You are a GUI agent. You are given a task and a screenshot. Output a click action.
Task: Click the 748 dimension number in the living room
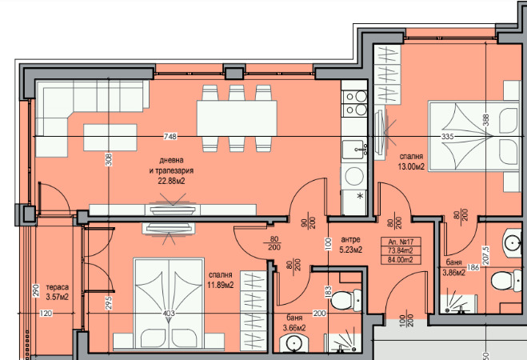tap(170, 137)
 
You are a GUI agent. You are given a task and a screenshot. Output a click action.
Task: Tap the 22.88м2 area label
tap(171, 181)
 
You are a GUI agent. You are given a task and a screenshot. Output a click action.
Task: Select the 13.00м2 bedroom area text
tap(411, 166)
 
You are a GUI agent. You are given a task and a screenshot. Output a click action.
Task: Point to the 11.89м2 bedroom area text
tap(221, 286)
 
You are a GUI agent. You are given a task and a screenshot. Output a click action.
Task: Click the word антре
tap(350, 240)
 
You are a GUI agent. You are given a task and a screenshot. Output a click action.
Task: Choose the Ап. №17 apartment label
tap(401, 242)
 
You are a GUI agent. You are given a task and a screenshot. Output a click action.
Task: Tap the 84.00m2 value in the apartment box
tap(401, 260)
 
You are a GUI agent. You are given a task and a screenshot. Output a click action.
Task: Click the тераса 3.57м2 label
tap(57, 292)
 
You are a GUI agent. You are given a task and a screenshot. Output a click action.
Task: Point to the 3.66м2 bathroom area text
tap(294, 328)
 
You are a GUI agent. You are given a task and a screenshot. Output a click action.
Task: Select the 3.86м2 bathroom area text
tap(453, 273)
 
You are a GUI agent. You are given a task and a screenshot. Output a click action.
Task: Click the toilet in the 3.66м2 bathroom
tap(345, 299)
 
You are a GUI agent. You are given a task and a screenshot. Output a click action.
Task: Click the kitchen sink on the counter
tap(353, 150)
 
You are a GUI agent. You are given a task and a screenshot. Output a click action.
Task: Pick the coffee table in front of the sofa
tap(110, 138)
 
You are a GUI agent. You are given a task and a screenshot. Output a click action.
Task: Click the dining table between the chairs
tap(237, 118)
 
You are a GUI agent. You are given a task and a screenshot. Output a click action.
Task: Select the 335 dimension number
tap(447, 137)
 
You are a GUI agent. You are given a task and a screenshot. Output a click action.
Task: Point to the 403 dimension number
tap(169, 314)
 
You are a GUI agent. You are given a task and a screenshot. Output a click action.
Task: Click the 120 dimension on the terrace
tap(46, 314)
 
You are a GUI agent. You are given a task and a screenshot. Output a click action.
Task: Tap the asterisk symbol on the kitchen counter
tap(361, 196)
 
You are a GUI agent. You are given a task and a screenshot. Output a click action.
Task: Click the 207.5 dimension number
tap(485, 255)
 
